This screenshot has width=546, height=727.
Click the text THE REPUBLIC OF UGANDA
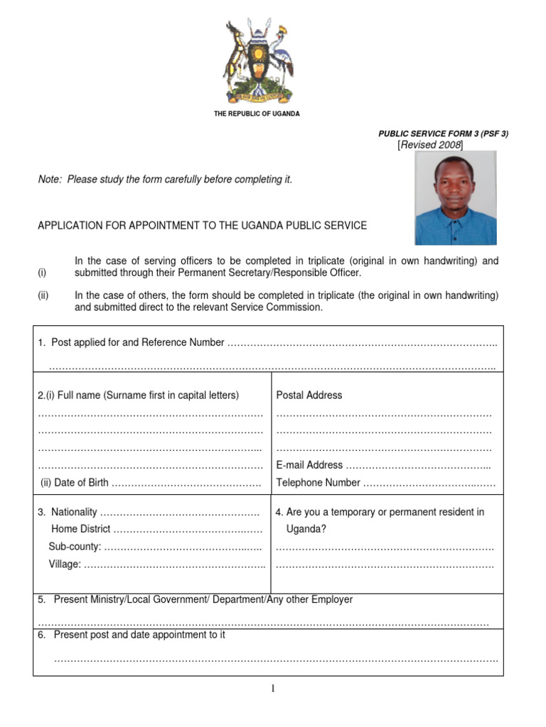tap(257, 114)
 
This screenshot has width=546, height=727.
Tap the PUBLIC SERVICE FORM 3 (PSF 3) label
tap(443, 133)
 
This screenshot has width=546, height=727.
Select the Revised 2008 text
tap(430, 145)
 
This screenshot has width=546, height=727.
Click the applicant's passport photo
tap(455, 198)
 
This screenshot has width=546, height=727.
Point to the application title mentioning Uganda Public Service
tap(202, 226)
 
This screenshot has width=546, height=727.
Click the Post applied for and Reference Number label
tap(132, 343)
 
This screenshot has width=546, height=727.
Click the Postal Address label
tap(309, 395)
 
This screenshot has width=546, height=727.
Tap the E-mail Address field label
tap(309, 465)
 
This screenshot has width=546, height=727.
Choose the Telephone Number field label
tap(318, 483)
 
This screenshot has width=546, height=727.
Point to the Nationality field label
tap(68, 512)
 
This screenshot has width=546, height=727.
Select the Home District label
tap(80, 529)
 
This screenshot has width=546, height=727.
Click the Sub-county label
tap(75, 547)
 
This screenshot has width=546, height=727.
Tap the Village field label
tap(65, 564)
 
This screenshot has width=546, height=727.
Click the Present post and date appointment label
tap(132, 635)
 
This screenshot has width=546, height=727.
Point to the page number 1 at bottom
tap(272, 688)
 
